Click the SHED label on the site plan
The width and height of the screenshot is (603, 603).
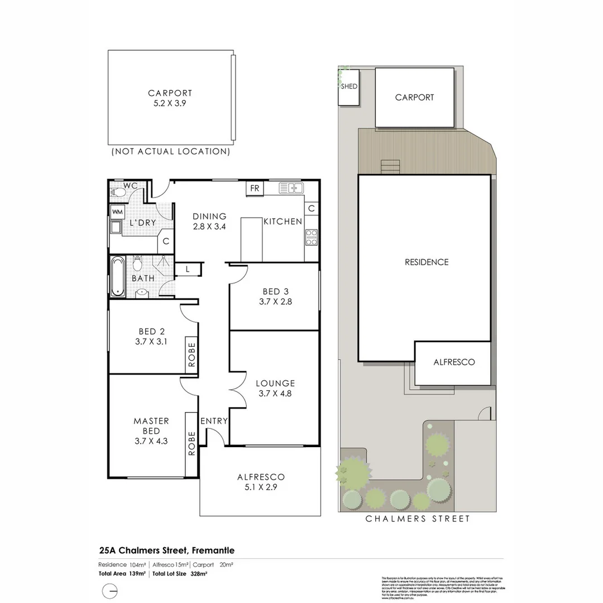tap(349, 87)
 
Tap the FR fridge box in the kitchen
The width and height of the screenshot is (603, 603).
tap(255, 188)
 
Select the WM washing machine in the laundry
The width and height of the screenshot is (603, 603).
tap(117, 212)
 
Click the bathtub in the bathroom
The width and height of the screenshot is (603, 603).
tap(117, 276)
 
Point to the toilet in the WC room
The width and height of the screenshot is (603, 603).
tap(118, 192)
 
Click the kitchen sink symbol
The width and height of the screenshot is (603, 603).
tap(291, 188)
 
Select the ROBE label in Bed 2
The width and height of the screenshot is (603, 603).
tap(192, 354)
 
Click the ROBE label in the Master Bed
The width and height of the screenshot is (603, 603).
tap(192, 443)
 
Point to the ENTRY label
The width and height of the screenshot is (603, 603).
tap(214, 421)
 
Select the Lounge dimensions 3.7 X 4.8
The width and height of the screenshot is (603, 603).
tap(275, 393)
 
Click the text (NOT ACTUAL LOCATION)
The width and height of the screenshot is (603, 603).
tap(171, 151)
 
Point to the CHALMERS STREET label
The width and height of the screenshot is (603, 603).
tap(418, 519)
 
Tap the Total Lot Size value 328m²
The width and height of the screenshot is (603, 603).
tap(199, 573)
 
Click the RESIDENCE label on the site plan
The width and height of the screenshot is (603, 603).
tap(427, 262)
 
